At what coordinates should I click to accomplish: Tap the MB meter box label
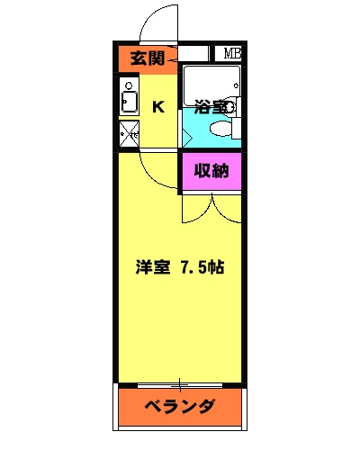pos(232,53)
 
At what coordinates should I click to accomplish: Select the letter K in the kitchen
pos(158,107)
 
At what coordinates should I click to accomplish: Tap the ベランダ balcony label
pos(181,406)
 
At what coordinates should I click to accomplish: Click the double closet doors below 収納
pos(212,209)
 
